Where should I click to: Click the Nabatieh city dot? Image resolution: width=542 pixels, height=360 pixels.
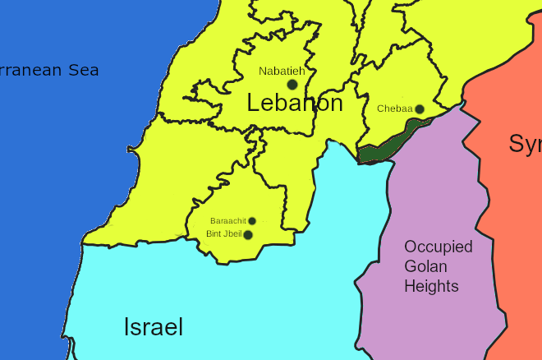[x=292, y=85]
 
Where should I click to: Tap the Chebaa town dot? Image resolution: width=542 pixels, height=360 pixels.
[x=419, y=109]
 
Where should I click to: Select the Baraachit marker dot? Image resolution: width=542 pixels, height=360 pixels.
[x=252, y=221]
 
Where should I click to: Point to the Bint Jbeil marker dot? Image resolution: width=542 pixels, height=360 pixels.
[x=248, y=235]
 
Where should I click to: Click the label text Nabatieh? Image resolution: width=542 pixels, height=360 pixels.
[x=282, y=72]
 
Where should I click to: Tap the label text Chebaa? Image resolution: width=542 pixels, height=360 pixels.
[x=394, y=108]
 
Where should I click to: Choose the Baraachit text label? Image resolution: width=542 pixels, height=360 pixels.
[x=227, y=221]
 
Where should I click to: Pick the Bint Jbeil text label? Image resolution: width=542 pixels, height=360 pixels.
[x=223, y=234]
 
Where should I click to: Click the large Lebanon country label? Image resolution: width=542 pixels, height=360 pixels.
[x=295, y=104]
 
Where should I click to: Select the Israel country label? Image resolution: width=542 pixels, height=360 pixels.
[x=153, y=327]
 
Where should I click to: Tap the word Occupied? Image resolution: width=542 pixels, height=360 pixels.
[x=439, y=247]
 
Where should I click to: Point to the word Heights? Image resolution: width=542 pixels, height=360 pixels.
[x=431, y=286]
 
